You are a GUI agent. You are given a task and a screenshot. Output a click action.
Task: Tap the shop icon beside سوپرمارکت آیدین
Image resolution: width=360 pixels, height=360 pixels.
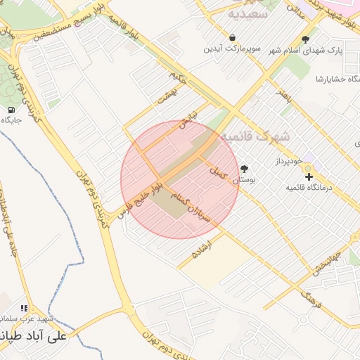click(x=232, y=37)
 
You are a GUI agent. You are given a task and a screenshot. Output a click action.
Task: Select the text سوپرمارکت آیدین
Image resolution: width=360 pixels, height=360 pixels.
click(x=232, y=49)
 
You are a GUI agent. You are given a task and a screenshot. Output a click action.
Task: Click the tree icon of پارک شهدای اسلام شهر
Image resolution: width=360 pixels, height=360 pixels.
click(x=304, y=40)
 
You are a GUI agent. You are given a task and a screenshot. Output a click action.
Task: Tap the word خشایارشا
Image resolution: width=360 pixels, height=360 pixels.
click(x=328, y=77)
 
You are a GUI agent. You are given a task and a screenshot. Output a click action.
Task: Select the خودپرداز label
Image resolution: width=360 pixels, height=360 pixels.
click(x=288, y=160)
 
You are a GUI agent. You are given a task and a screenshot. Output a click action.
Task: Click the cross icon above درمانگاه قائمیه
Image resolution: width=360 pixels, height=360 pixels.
click(x=309, y=175)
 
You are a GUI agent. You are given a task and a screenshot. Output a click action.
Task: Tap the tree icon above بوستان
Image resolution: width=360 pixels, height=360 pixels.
click(x=244, y=169)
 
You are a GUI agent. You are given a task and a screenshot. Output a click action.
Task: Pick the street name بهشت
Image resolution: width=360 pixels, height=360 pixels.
click(x=166, y=98)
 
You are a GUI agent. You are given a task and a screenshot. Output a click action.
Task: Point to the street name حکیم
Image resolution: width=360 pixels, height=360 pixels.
click(x=178, y=75)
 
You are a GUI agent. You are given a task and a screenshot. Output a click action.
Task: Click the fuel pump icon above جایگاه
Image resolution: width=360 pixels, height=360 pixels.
click(x=12, y=110)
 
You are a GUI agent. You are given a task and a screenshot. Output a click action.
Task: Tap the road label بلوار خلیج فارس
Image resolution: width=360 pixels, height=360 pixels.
click(x=141, y=197)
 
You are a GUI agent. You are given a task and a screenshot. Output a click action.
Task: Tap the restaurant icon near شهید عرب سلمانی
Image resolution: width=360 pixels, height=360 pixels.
click(x=24, y=308)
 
